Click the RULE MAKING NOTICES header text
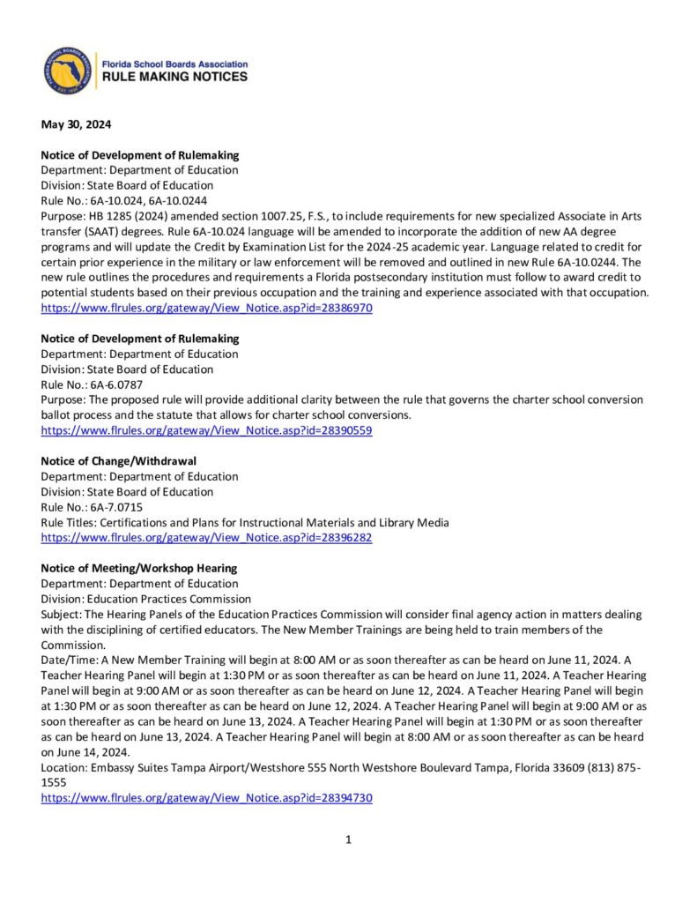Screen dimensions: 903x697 (x=174, y=78)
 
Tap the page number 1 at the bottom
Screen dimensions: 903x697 (x=349, y=840)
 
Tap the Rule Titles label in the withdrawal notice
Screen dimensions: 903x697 (x=70, y=522)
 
